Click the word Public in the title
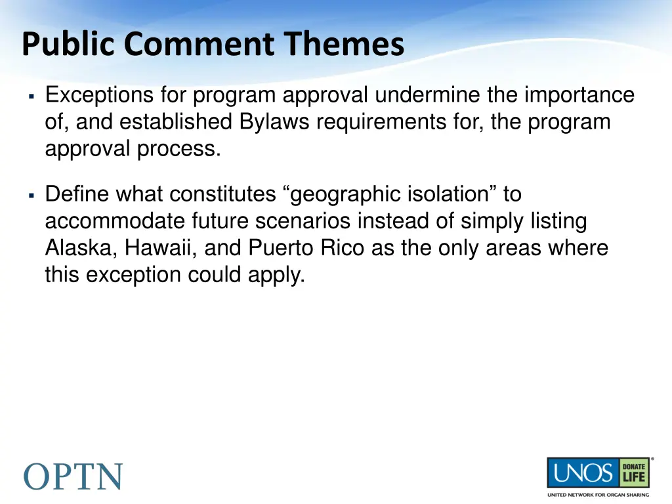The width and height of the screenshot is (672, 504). (x=70, y=45)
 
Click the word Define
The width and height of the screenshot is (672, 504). (x=77, y=195)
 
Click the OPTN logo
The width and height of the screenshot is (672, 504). (x=73, y=476)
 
